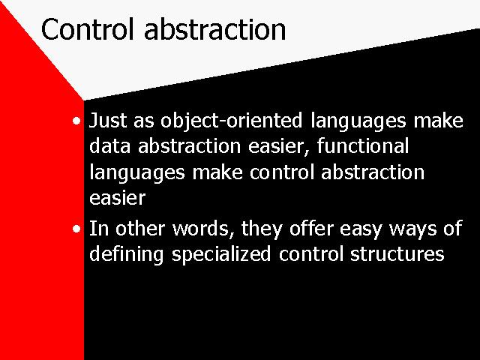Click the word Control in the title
click(x=88, y=29)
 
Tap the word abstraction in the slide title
click(x=215, y=29)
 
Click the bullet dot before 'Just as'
click(x=76, y=121)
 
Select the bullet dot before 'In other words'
click(x=76, y=229)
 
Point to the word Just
click(x=107, y=120)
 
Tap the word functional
click(x=363, y=145)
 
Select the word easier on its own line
click(x=117, y=198)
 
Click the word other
click(x=140, y=229)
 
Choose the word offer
click(x=310, y=229)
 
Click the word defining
click(x=127, y=255)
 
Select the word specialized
click(x=221, y=255)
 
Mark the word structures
click(x=397, y=253)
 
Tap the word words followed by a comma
click(x=203, y=229)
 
